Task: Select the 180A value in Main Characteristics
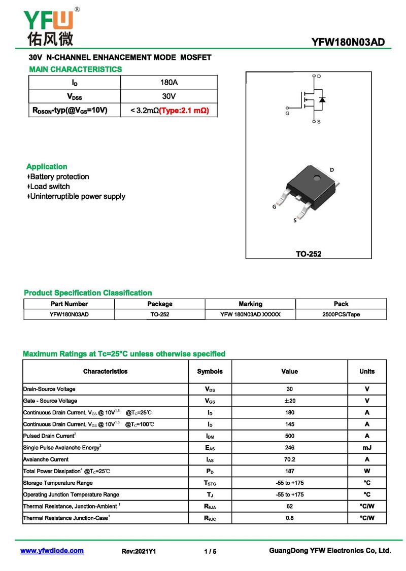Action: pyautogui.click(x=168, y=82)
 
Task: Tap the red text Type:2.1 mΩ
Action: pyautogui.click(x=184, y=110)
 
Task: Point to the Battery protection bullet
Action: pyautogui.click(x=59, y=177)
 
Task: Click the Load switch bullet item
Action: pyautogui.click(x=49, y=187)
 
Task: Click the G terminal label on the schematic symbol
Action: pyautogui.click(x=287, y=114)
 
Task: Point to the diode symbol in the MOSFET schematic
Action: pyautogui.click(x=322, y=99)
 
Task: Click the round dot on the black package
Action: pyautogui.click(x=317, y=178)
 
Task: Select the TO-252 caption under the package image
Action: pyautogui.click(x=309, y=254)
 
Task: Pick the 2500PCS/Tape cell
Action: pyautogui.click(x=341, y=314)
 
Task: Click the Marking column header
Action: pyautogui.click(x=250, y=304)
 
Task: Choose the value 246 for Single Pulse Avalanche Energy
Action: pyautogui.click(x=289, y=448)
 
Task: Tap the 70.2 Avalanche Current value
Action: pyautogui.click(x=289, y=459)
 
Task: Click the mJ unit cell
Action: pyautogui.click(x=367, y=448)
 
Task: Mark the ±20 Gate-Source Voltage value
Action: pyautogui.click(x=289, y=401)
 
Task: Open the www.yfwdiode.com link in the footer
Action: pyautogui.click(x=52, y=551)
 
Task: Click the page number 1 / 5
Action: pyautogui.click(x=210, y=551)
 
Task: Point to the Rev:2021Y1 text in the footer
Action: pyautogui.click(x=139, y=551)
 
